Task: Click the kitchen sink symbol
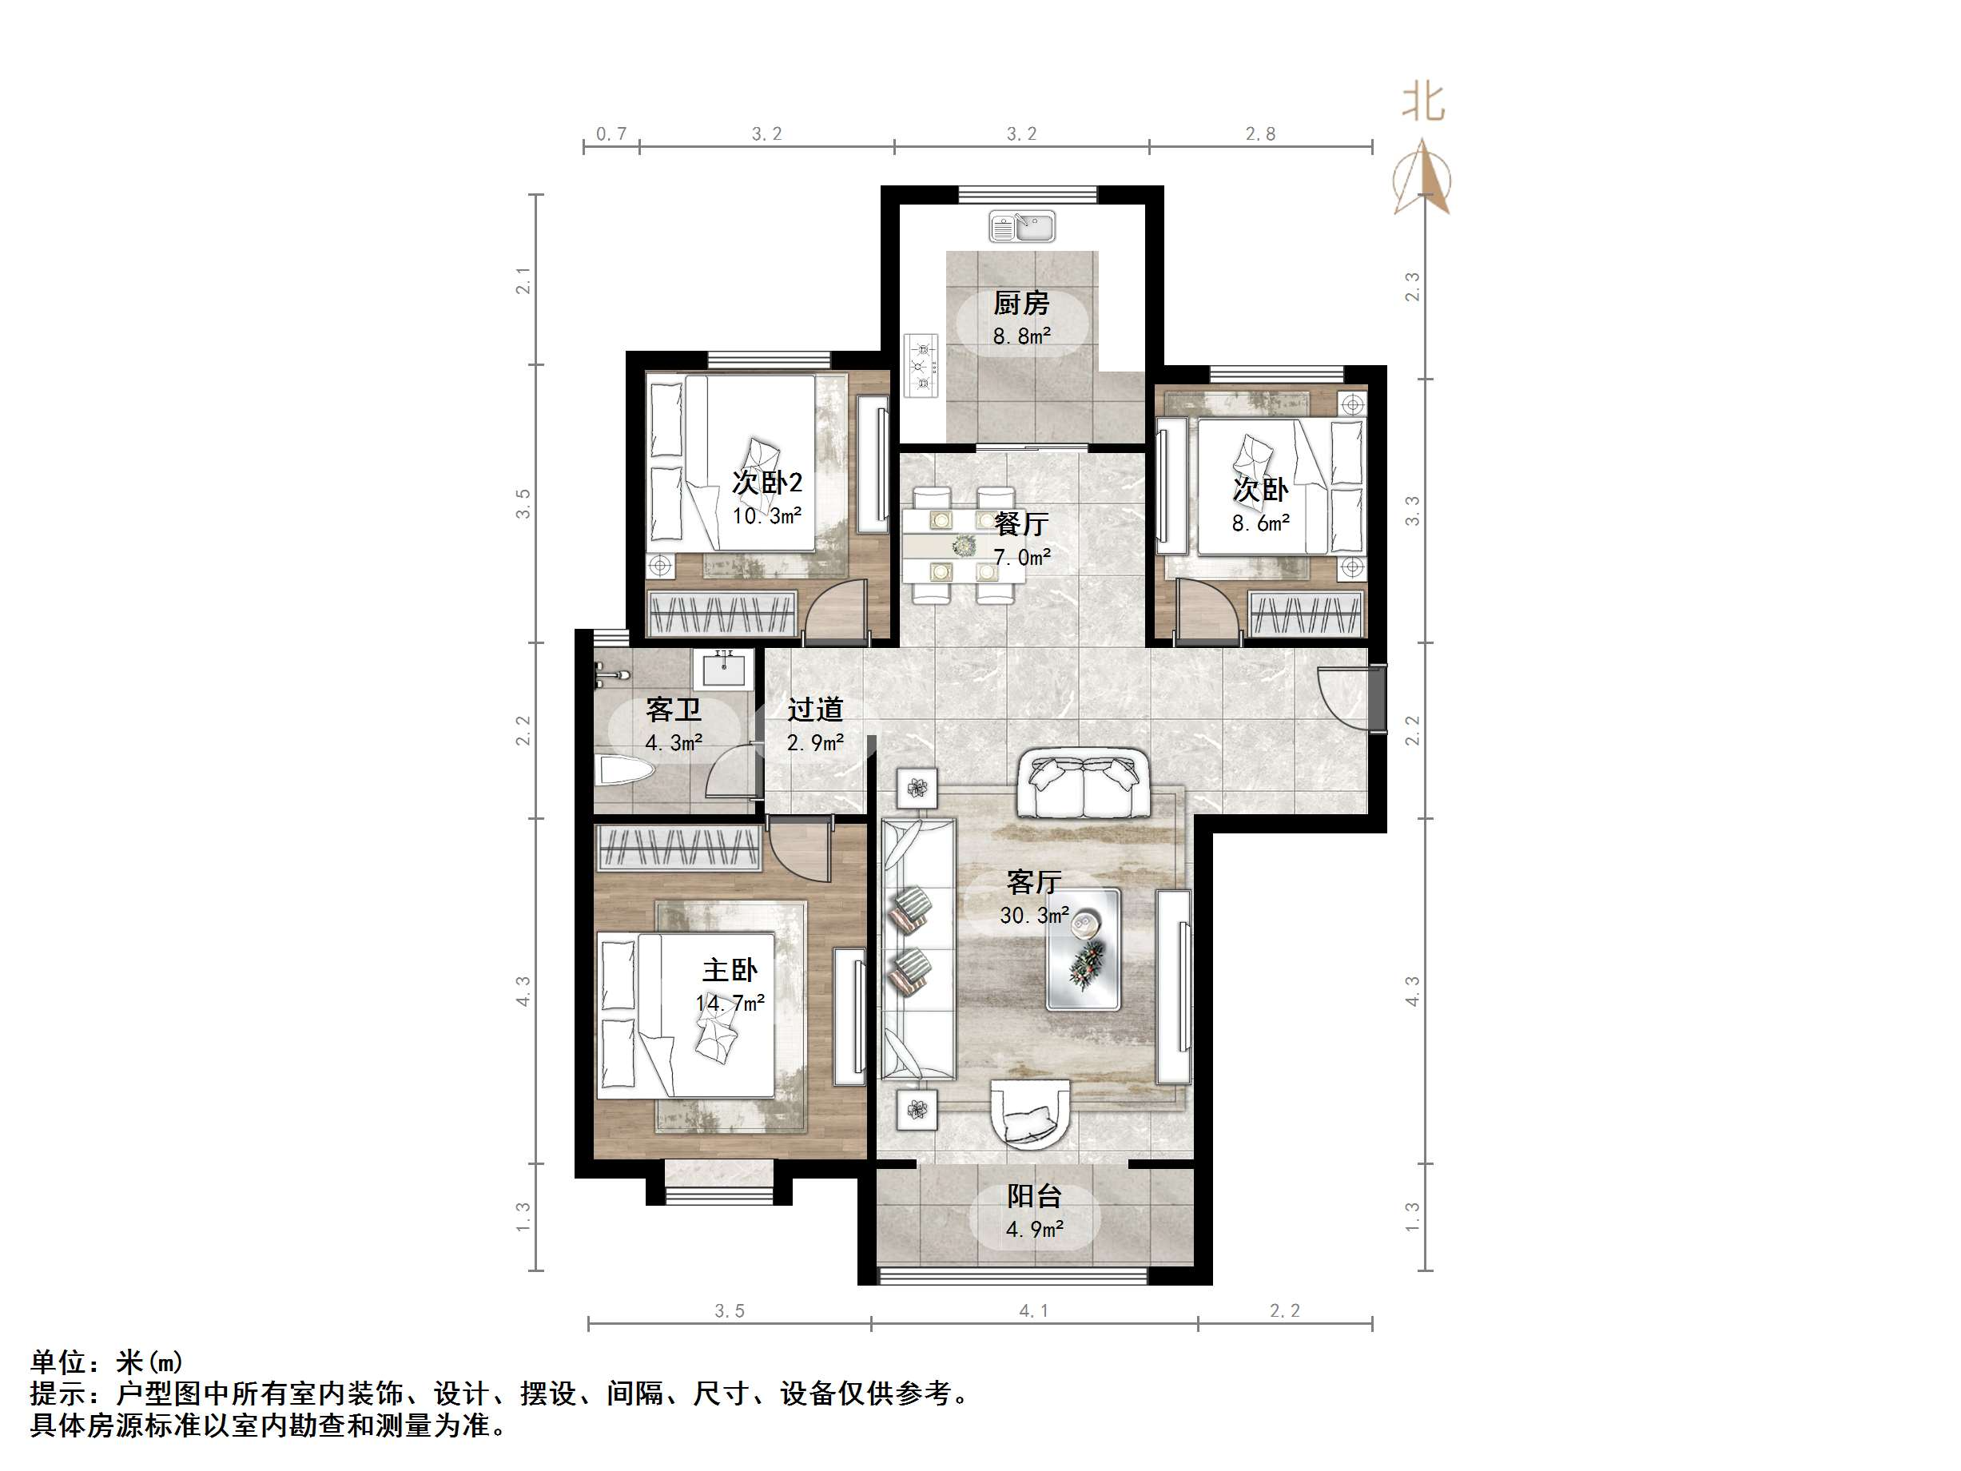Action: (1022, 227)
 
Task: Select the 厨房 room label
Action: (1021, 304)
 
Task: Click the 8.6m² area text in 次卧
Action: (1259, 523)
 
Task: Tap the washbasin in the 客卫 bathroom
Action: (728, 669)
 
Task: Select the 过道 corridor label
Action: (815, 710)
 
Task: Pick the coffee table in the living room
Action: (1084, 949)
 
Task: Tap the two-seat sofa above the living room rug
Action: (1083, 784)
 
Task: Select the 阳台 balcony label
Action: (1034, 1196)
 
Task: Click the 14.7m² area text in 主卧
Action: (730, 1003)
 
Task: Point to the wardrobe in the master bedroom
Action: (679, 848)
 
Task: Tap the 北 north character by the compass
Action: (1424, 102)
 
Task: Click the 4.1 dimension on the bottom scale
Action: (1034, 1310)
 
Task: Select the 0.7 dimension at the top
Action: (611, 134)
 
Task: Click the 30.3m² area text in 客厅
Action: (1034, 915)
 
